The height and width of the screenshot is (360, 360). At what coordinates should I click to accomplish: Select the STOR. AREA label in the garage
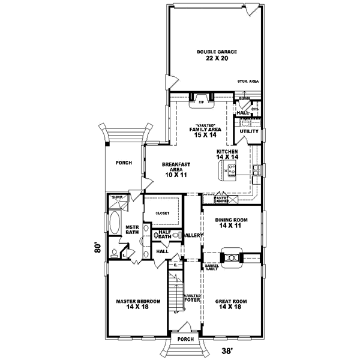248,80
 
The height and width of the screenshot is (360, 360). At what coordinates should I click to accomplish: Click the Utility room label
249,131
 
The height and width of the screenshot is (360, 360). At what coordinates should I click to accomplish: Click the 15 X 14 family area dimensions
201,136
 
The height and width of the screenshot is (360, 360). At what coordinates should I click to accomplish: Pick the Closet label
163,213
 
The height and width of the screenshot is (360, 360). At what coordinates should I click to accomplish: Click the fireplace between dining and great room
231,257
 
